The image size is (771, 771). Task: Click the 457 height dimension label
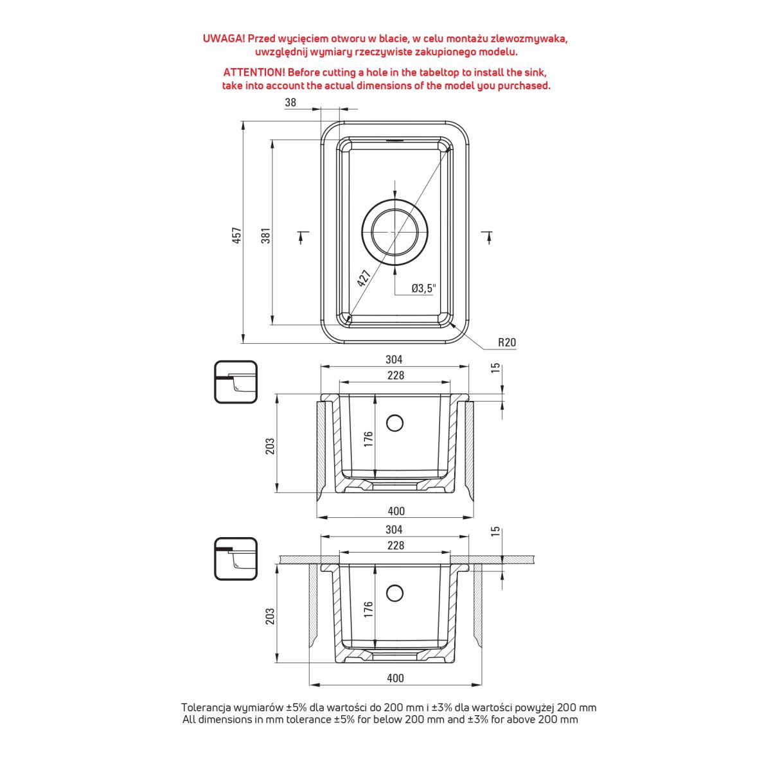coord(236,235)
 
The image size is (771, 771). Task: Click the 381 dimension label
coord(265,235)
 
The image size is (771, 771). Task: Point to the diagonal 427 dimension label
coord(364,278)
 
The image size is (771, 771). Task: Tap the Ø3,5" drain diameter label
coord(424,288)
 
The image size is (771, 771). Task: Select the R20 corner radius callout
coord(507,342)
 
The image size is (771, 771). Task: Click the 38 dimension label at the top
coord(290,103)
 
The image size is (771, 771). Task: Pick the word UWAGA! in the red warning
coord(224,39)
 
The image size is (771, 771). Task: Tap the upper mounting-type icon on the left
coord(235,382)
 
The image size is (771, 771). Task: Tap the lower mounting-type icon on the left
coord(235,558)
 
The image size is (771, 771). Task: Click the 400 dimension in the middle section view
coord(396,511)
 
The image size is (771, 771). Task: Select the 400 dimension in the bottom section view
coord(396,678)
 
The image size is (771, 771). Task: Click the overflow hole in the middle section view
coord(394,423)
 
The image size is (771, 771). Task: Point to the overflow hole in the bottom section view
coord(394,592)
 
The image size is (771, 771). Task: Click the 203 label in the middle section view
coord(270,446)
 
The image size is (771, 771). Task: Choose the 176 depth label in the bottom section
coord(368,608)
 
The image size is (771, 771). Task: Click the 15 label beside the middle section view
coord(495,368)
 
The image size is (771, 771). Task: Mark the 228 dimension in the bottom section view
coord(396,545)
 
